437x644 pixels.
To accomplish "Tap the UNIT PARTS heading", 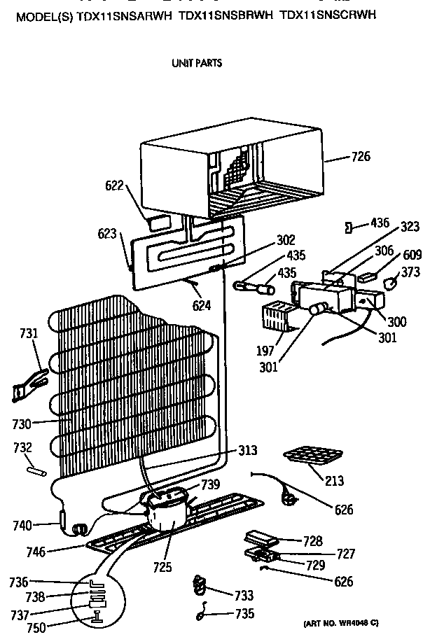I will click(x=197, y=63).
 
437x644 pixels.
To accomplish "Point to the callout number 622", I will click(x=115, y=185).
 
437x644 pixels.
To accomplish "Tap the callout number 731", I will click(x=29, y=334).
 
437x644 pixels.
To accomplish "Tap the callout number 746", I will click(x=36, y=552).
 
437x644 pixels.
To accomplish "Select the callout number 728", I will click(x=313, y=540).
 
